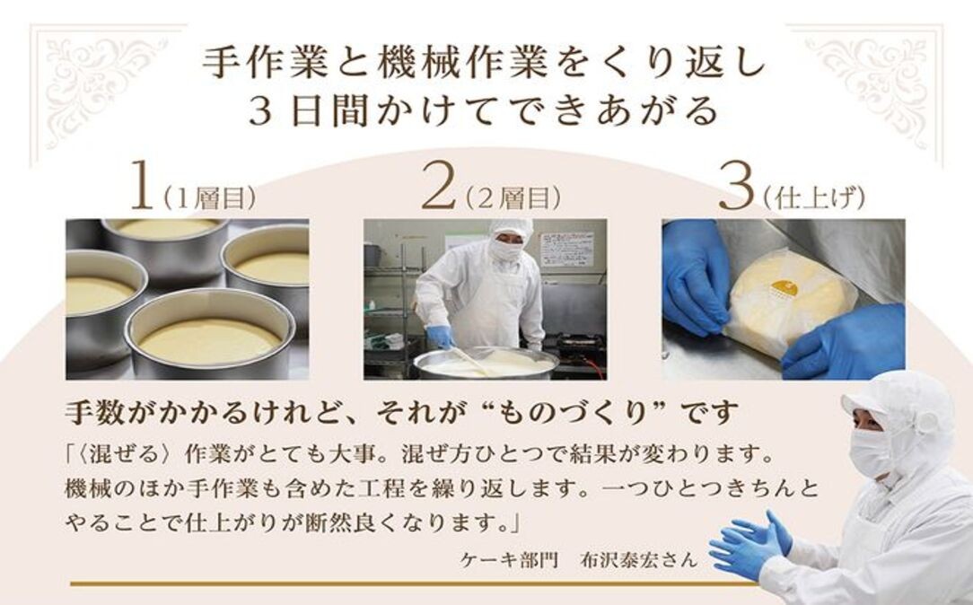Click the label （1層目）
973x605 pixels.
click(208, 198)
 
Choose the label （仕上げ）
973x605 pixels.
click(812, 198)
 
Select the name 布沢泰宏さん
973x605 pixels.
click(639, 559)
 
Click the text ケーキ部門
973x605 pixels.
click(505, 559)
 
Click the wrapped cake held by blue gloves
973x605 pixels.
click(788, 304)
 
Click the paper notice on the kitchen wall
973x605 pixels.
click(565, 250)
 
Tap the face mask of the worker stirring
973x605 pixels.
click(506, 250)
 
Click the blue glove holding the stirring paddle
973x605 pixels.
click(442, 337)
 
